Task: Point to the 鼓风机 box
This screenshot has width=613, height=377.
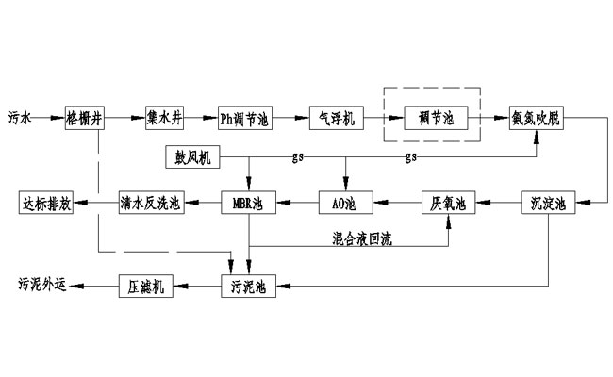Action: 192,156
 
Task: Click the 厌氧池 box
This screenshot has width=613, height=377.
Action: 449,201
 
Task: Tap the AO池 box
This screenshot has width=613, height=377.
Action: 346,201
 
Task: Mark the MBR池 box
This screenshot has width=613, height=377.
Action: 249,201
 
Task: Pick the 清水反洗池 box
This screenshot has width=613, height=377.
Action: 152,201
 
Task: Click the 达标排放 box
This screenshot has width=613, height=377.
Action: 46,201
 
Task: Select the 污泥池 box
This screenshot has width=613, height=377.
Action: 249,285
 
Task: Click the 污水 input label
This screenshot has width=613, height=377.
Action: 20,119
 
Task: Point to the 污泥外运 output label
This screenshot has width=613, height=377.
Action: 42,285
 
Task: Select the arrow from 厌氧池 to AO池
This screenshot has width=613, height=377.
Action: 397,201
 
